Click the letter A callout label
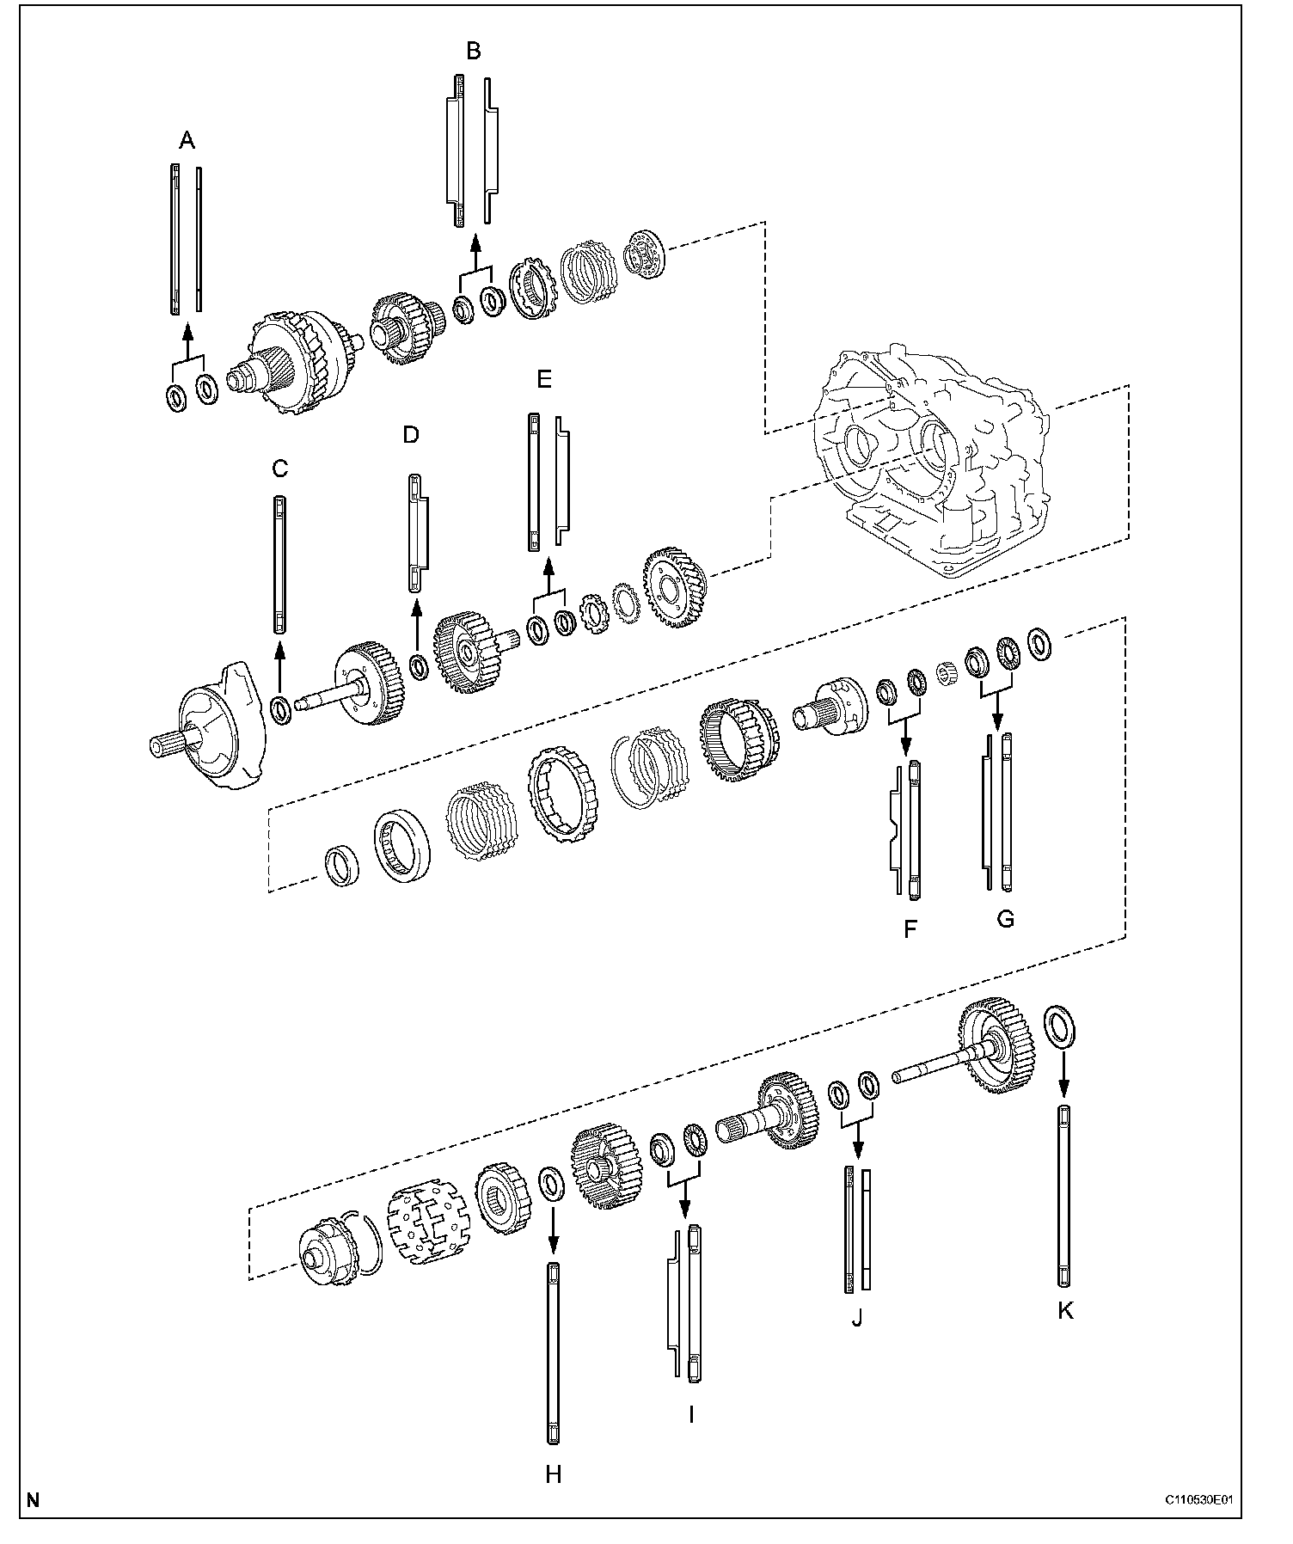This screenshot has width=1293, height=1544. coord(187,141)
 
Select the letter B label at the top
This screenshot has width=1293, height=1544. coord(473,52)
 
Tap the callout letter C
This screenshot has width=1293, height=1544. coord(279,469)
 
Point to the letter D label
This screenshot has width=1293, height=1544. coord(411,435)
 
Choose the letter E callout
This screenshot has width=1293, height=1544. coord(544,380)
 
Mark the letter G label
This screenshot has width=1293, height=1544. coord(1005,919)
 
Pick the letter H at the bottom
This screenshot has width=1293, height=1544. coord(553,1474)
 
